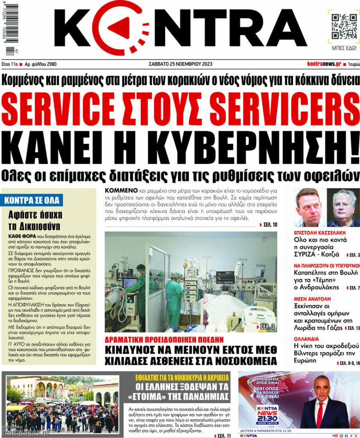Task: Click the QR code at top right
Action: pos(344,26)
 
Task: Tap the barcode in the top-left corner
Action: pos(9,28)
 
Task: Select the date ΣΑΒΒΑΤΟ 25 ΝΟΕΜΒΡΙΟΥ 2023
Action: pos(180,64)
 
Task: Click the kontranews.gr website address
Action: pos(324,64)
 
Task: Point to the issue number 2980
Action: pos(50,64)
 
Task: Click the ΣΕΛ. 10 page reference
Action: pos(269,224)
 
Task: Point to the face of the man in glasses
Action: pos(343,206)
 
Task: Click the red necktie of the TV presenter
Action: pos(319,414)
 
